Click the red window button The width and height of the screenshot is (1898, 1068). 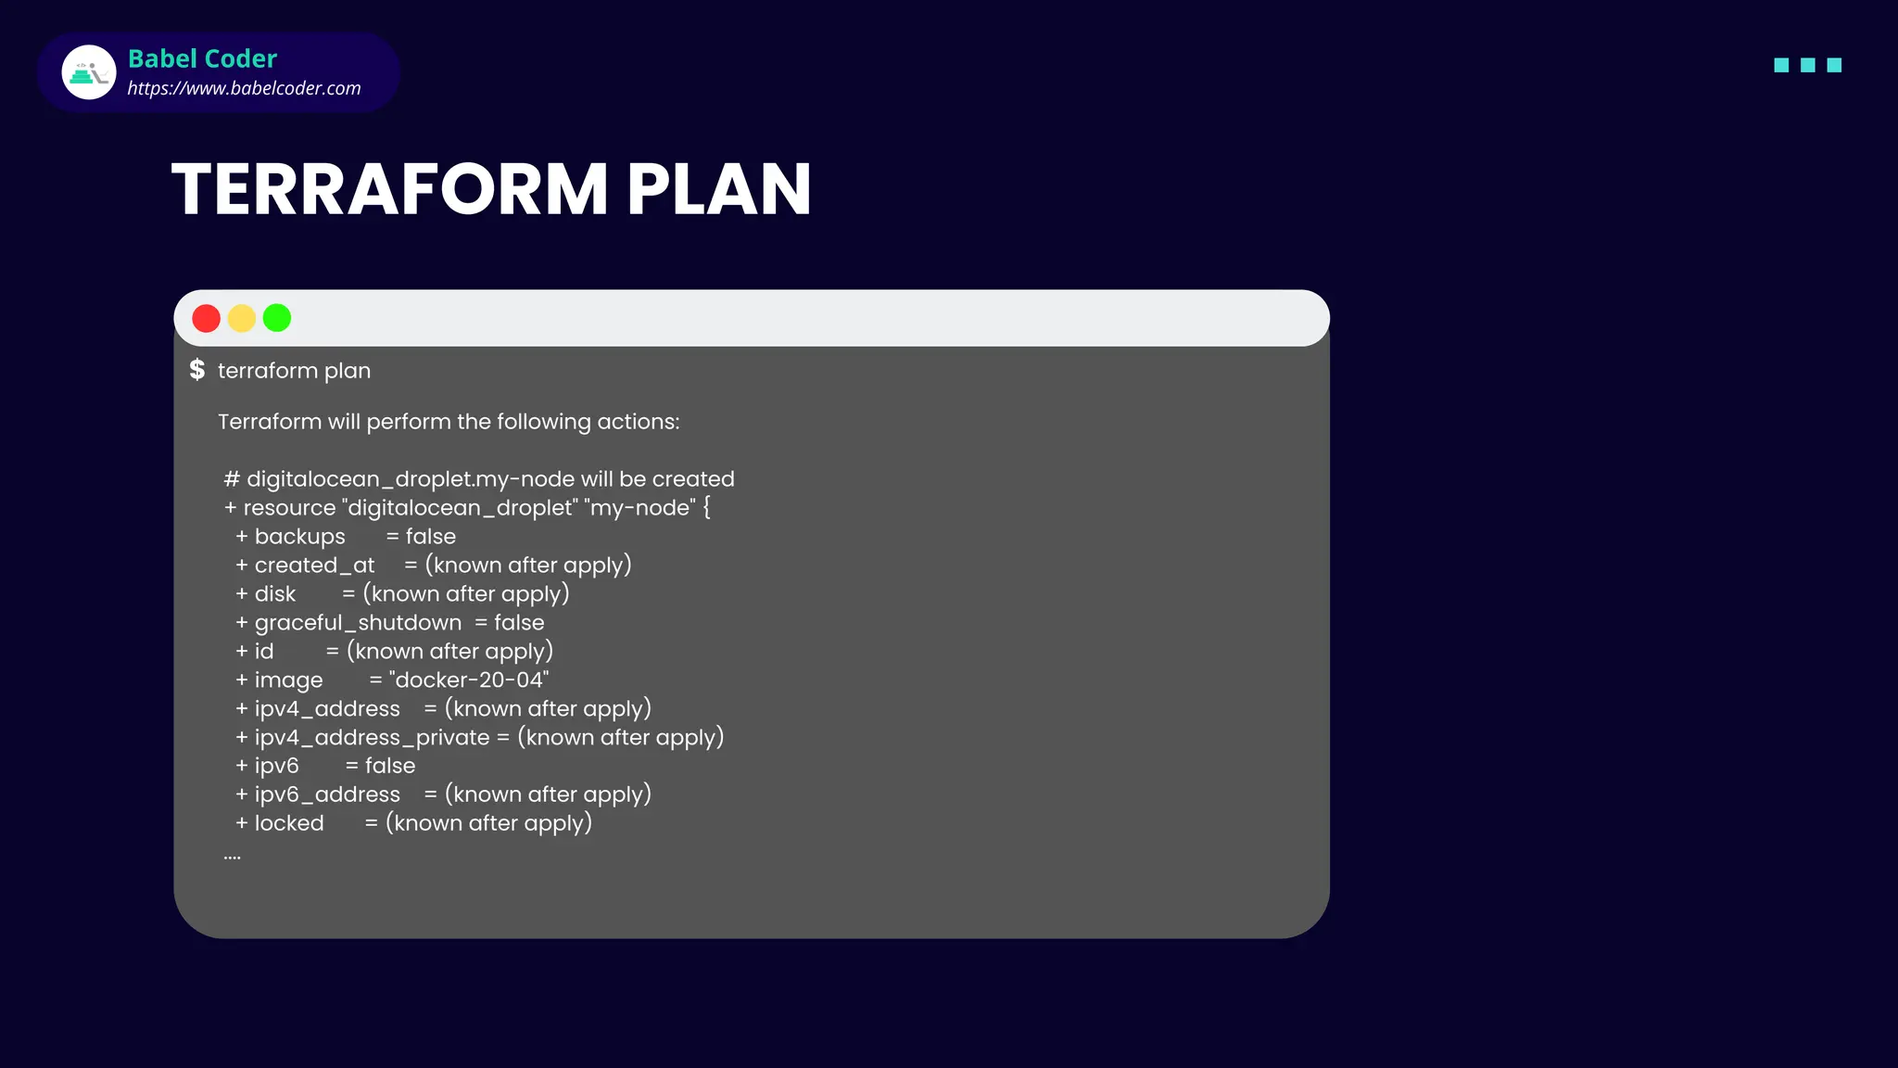206,318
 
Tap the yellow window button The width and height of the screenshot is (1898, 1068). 242,318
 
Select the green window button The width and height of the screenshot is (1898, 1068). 277,318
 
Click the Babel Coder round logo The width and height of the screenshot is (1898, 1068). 89,72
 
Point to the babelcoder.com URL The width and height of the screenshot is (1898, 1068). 244,88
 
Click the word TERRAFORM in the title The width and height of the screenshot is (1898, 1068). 389,189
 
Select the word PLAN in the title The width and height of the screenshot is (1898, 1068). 718,189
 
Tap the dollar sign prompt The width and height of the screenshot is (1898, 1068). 196,370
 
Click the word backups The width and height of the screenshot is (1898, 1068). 299,537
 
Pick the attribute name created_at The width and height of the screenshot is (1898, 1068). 314,566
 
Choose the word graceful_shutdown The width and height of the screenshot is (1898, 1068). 358,623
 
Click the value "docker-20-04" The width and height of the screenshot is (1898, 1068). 469,680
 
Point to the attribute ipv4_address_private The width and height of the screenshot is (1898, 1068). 372,738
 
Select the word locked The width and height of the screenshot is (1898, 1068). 289,823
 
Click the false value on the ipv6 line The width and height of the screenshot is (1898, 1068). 390,766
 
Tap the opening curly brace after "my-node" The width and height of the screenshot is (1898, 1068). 706,508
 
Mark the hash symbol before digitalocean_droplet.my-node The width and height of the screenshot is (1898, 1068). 232,479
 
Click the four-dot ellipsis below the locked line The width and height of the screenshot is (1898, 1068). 232,858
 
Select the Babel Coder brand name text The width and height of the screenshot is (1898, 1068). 202,58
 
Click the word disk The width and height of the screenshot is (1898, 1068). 275,594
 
